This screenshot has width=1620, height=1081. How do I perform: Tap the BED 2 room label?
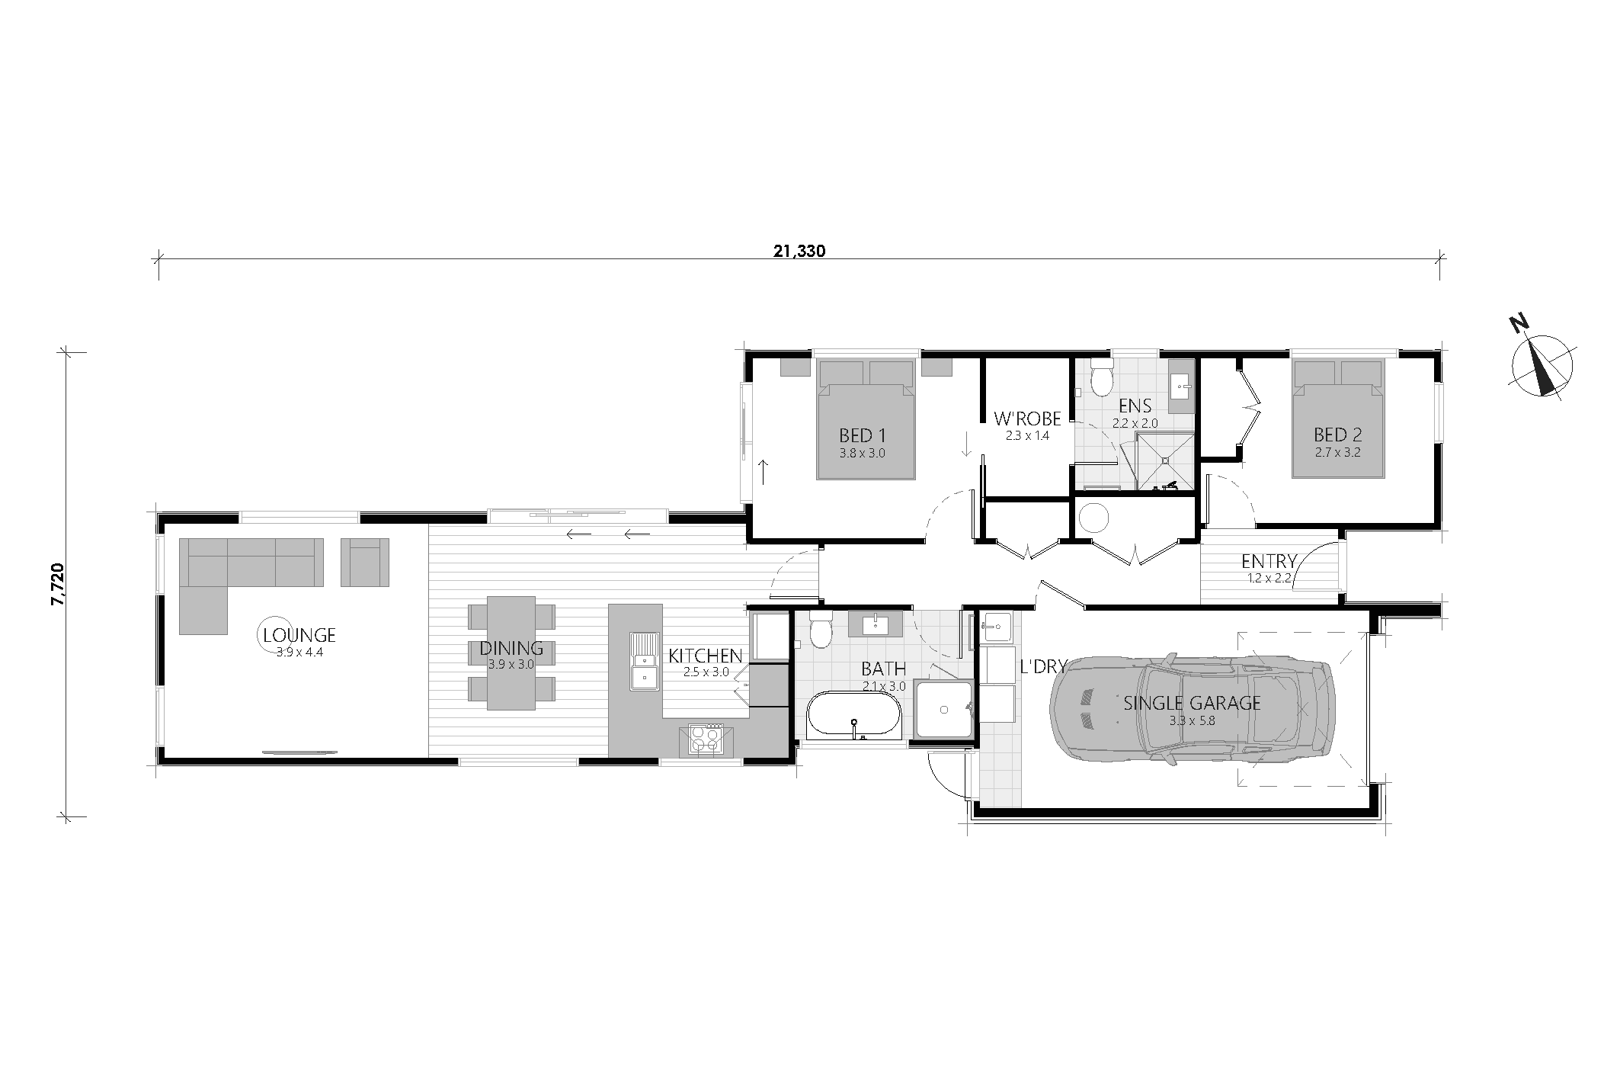1337,435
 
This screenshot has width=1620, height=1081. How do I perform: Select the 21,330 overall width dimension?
798,252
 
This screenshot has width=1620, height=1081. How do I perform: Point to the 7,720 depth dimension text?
59,585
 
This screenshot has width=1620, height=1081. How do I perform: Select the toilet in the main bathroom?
821,630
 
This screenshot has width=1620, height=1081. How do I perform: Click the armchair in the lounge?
365,562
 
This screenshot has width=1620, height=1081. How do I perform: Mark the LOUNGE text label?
299,635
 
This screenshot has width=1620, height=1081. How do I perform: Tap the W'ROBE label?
1027,418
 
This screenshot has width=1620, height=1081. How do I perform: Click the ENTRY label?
1269,562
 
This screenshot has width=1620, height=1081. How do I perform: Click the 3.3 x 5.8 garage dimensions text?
1192,719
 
